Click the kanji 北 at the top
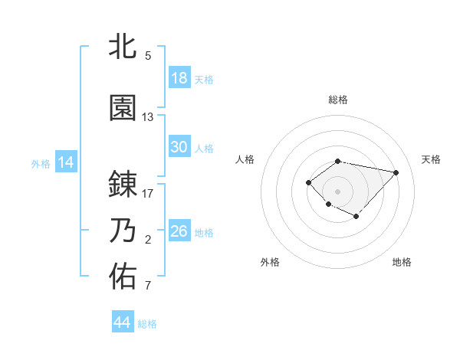pos(123,47)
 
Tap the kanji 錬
pos(123,185)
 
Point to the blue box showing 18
pos(179,78)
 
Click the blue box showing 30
pos(179,147)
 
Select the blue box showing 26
pos(179,231)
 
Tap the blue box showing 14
pos(66,162)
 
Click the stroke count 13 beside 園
pos(148,117)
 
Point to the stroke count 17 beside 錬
pos(148,194)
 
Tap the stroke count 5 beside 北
pos(148,56)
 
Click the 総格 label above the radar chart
pos(338,100)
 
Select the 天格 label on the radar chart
pos(431,159)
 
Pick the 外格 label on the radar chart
pos(270,262)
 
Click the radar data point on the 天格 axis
pos(396,172)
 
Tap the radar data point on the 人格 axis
pos(308,182)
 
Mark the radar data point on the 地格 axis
pos(356,217)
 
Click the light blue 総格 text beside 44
pos(147,324)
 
